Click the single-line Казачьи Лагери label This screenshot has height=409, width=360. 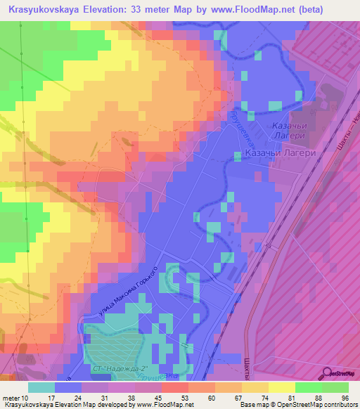point(278,152)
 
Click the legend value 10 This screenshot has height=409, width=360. point(27,398)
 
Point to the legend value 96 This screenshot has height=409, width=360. point(345,398)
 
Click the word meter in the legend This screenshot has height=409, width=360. point(12,398)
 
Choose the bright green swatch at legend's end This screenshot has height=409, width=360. point(335,387)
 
